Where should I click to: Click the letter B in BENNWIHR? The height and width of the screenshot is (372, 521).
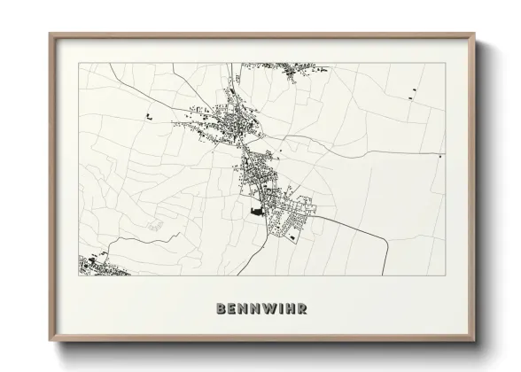tap(221, 309)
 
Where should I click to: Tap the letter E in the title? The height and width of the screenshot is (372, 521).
tap(232, 309)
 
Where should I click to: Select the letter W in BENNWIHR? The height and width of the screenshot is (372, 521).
tap(268, 309)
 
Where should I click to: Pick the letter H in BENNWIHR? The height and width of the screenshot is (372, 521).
tap(291, 309)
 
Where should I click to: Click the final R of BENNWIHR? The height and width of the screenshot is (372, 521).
tap(303, 309)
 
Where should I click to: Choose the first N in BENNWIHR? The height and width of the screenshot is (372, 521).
tap(244, 309)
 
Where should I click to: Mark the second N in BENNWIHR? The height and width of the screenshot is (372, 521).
tap(255, 309)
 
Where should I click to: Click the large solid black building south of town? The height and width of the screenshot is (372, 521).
tap(258, 212)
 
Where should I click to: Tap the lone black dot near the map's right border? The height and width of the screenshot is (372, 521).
tap(440, 157)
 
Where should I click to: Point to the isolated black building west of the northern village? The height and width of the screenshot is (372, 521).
tap(147, 116)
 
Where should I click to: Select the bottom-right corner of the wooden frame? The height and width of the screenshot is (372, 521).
tap(476, 341)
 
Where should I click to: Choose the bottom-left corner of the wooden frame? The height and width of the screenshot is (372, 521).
tap(51, 341)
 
